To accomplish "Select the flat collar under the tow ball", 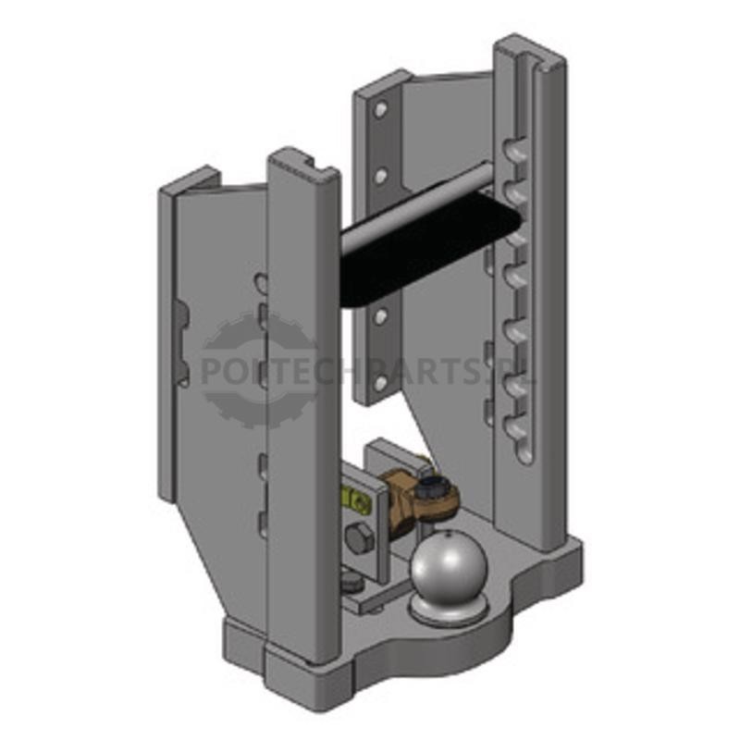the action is pos(449,609).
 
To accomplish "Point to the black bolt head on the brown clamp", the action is pos(430,487).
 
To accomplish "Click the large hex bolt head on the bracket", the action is pos(360,539).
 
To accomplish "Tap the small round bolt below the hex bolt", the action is pos(351,583).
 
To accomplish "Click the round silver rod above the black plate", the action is pos(415,205).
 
